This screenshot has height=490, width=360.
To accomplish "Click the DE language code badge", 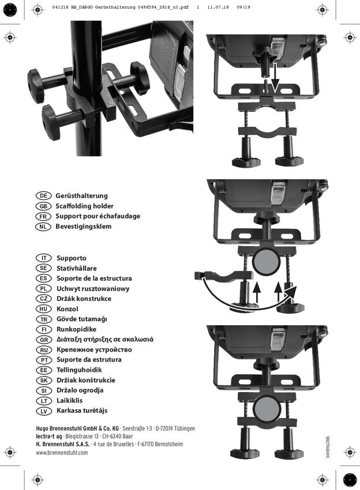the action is pyautogui.click(x=43, y=195).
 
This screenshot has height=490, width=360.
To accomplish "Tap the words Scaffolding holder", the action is pyautogui.click(x=84, y=206).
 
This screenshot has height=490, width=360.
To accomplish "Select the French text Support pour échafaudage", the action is pyautogui.click(x=98, y=216).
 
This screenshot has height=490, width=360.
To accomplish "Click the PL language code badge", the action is pyautogui.click(x=43, y=288).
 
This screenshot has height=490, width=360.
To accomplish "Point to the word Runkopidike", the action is pyautogui.click(x=76, y=329).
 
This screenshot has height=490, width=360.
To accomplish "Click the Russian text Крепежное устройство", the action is pyautogui.click(x=94, y=349).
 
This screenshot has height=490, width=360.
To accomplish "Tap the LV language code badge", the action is pyautogui.click(x=43, y=410).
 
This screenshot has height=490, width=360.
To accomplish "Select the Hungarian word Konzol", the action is pyautogui.click(x=67, y=309).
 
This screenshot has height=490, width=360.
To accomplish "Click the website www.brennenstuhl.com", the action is pyautogui.click(x=62, y=453).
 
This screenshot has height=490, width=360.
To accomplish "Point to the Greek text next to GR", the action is pyautogui.click(x=105, y=340).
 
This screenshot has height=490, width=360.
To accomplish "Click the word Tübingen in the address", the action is pyautogui.click(x=184, y=428).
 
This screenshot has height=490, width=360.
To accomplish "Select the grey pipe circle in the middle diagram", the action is pyautogui.click(x=266, y=262).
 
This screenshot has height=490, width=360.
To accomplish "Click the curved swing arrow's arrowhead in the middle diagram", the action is pyautogui.click(x=290, y=292).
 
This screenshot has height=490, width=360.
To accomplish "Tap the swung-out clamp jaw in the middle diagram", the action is pyautogui.click(x=223, y=276).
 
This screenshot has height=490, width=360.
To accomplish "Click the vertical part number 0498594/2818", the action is pyautogui.click(x=328, y=447).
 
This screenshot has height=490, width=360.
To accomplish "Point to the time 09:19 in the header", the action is pyautogui.click(x=243, y=7).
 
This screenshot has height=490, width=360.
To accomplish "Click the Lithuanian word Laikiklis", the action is pyautogui.click(x=69, y=400).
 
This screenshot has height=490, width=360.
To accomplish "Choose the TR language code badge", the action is pyautogui.click(x=43, y=319).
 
